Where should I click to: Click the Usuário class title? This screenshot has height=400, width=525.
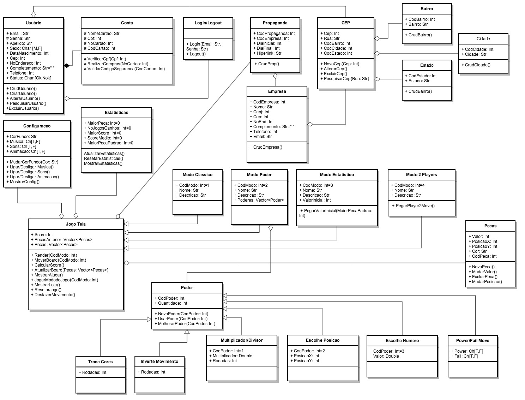(x=34, y=23)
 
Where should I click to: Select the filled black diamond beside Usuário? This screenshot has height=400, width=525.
(x=66, y=65)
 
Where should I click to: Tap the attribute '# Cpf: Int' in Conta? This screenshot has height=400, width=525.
(x=92, y=38)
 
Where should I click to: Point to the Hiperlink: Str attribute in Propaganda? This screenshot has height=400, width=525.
(x=267, y=53)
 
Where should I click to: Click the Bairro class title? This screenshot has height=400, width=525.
(x=427, y=9)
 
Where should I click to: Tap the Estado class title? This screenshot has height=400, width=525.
(x=427, y=65)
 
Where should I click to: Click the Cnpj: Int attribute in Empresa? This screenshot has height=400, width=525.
(x=261, y=112)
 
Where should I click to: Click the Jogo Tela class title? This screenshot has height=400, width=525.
(x=76, y=224)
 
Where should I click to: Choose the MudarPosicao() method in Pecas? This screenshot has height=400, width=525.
(x=485, y=282)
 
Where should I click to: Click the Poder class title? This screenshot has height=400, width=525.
(x=187, y=288)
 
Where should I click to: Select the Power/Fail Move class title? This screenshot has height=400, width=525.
(x=472, y=341)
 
